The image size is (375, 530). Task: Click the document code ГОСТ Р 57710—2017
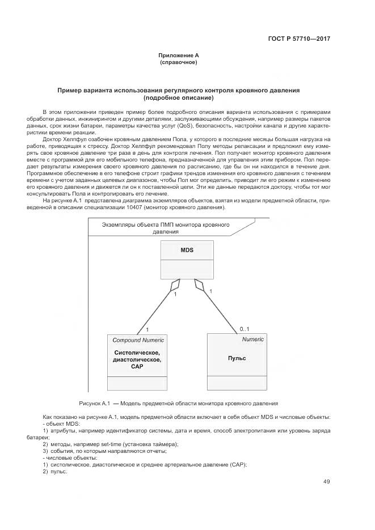click(x=298, y=39)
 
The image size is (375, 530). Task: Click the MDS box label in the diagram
click(x=187, y=249)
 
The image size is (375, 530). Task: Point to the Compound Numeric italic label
click(x=138, y=340)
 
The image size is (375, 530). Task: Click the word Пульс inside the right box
click(x=237, y=358)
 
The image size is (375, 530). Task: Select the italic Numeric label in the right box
click(x=252, y=339)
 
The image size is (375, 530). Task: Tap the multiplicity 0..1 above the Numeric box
click(x=245, y=329)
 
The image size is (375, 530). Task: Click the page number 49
click(x=326, y=482)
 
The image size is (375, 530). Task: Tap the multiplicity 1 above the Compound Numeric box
click(x=147, y=329)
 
